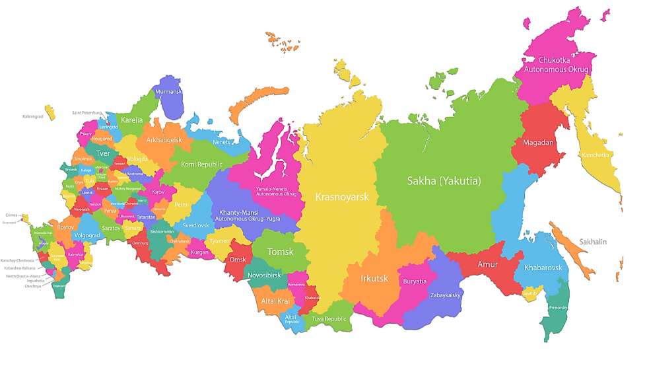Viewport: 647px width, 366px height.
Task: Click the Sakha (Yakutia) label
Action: tap(444, 181)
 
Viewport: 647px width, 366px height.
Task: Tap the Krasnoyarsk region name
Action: tap(341, 197)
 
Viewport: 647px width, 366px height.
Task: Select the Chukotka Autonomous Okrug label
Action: tap(556, 64)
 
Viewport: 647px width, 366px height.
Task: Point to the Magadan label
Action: tap(538, 142)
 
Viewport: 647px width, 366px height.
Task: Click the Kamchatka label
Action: tap(596, 155)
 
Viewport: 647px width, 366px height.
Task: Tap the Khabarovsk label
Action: tap(543, 268)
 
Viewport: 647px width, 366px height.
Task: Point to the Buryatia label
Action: tap(415, 281)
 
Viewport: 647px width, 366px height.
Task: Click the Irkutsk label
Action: tap(374, 278)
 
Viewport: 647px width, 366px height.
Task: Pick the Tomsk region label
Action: tap(281, 252)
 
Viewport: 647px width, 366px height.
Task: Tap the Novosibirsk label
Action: tap(264, 275)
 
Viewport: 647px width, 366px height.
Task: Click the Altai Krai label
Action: tap(274, 301)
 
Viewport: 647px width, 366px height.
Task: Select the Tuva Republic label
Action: tap(329, 318)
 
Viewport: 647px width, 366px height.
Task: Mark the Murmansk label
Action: tap(168, 92)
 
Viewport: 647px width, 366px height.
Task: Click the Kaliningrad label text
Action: tap(32, 116)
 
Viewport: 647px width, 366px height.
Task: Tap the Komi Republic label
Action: tap(201, 164)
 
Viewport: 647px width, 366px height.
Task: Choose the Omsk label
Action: tap(238, 260)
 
